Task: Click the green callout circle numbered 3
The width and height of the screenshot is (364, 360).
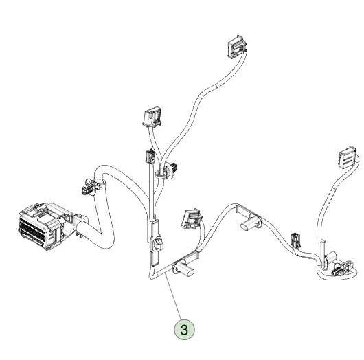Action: (x=184, y=329)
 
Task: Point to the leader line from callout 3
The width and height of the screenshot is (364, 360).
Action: (x=173, y=297)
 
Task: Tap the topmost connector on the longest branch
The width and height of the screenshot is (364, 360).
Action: (x=237, y=47)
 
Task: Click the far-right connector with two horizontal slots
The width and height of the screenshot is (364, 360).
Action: (x=348, y=157)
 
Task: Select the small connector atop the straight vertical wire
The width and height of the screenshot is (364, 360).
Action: (x=150, y=156)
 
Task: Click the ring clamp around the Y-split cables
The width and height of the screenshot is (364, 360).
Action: (x=161, y=174)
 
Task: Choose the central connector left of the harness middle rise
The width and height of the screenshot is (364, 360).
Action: (x=192, y=218)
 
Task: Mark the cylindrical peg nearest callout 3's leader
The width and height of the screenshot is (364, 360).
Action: (x=184, y=269)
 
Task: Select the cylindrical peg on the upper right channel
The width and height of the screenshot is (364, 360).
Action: (x=249, y=223)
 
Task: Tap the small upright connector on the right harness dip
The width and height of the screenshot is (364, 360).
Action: (x=295, y=240)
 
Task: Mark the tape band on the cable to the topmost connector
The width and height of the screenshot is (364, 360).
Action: (x=215, y=86)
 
